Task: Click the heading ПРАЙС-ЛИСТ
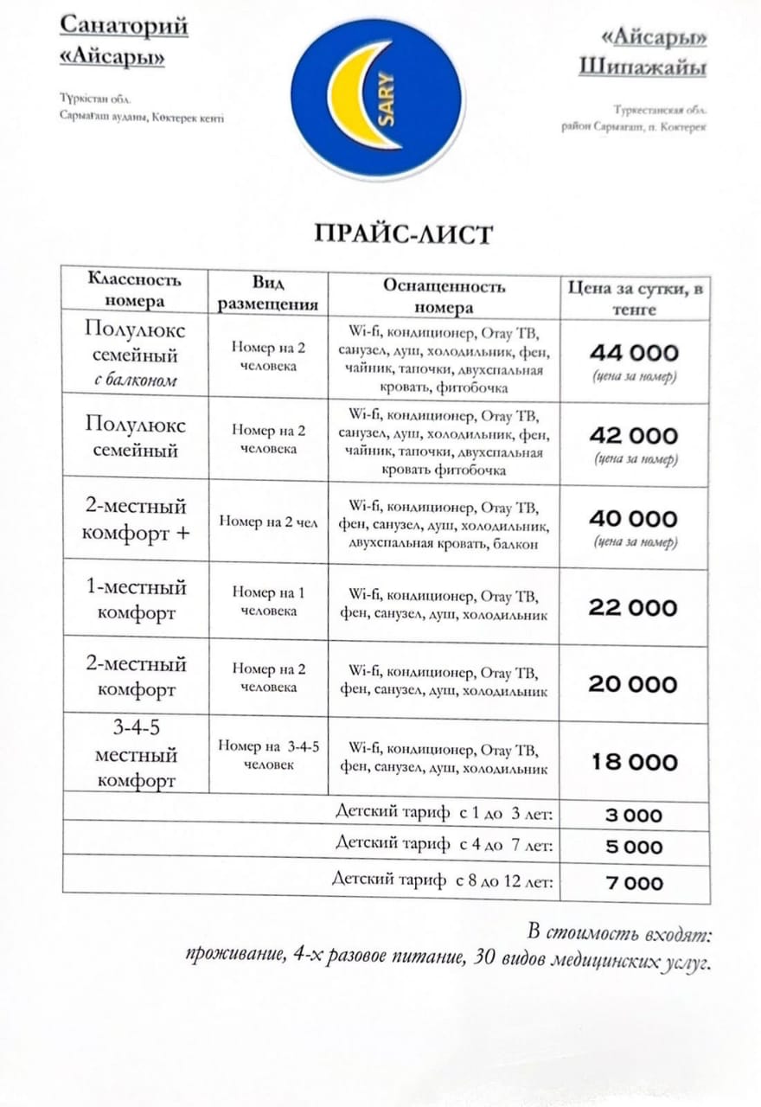tap(402, 234)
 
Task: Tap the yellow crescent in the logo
tap(346, 95)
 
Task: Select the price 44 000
tap(633, 353)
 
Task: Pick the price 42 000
tap(633, 435)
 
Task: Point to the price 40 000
tap(633, 519)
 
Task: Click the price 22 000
tap(633, 608)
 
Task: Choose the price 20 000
tap(633, 685)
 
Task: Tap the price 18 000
tap(633, 763)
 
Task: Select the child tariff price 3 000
tap(633, 816)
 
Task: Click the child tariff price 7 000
tap(633, 883)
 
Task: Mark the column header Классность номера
tap(135, 291)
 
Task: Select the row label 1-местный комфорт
tap(136, 600)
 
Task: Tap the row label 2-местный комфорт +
tap(136, 520)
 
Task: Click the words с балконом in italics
tap(136, 380)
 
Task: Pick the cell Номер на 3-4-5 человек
tap(269, 755)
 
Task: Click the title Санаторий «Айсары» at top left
tap(123, 41)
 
